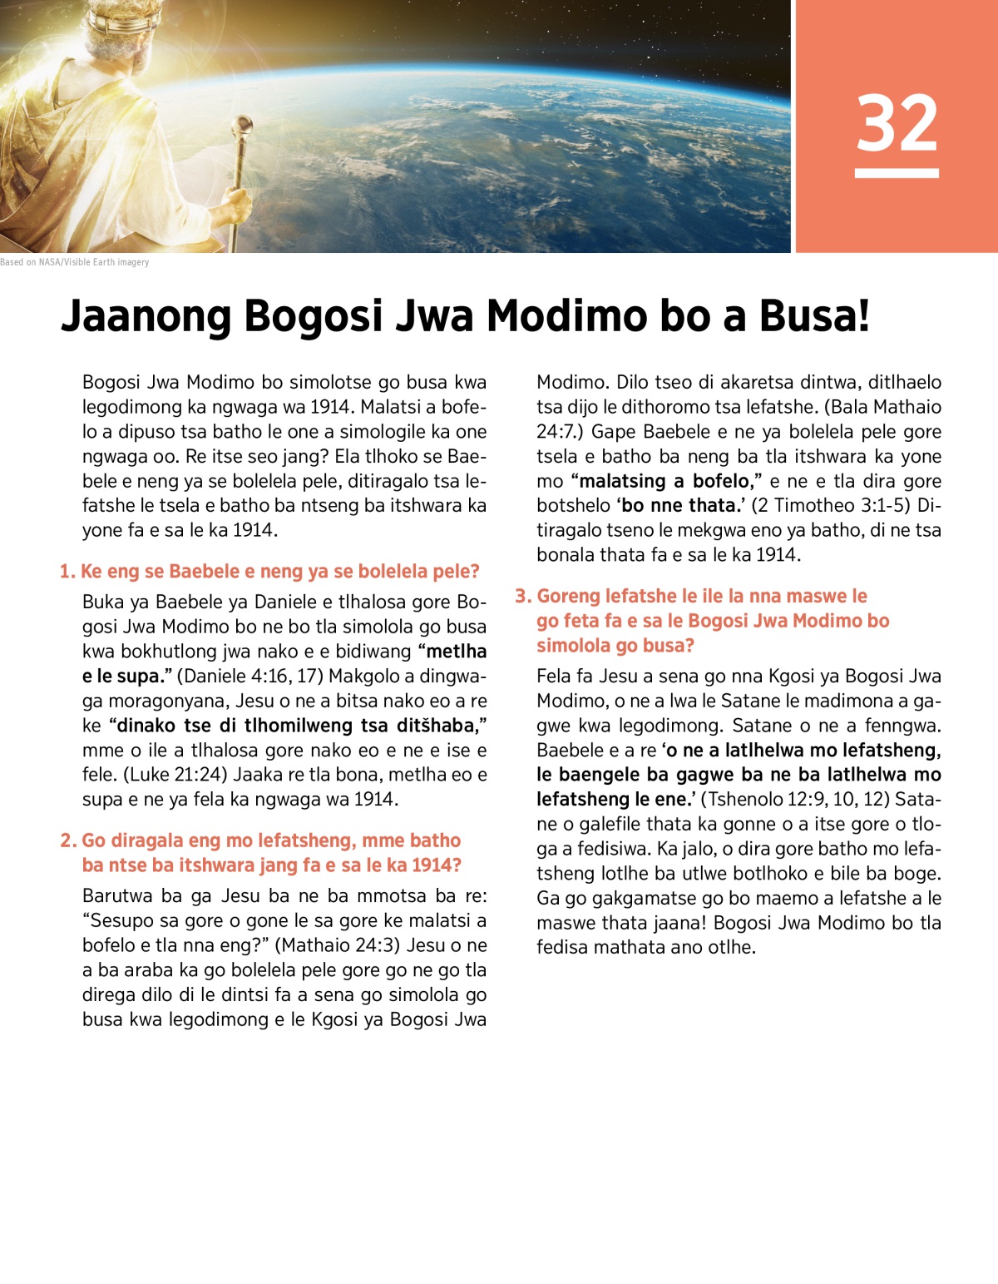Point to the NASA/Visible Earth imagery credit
pos(75,262)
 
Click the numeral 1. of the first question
pos(67,572)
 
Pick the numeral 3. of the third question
pos(522,596)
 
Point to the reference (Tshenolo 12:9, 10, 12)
pos(795,799)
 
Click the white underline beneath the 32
pos(897,173)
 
